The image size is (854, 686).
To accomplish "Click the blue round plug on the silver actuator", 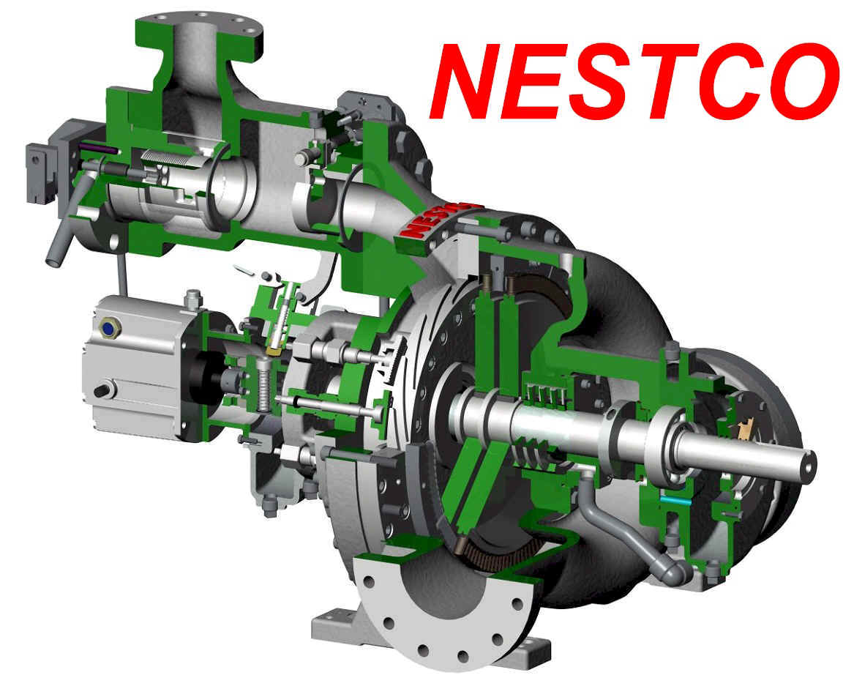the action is pyautogui.click(x=108, y=328).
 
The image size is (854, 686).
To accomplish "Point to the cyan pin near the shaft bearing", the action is pyautogui.click(x=670, y=498).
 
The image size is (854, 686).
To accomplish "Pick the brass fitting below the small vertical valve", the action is pyautogui.click(x=274, y=348).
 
